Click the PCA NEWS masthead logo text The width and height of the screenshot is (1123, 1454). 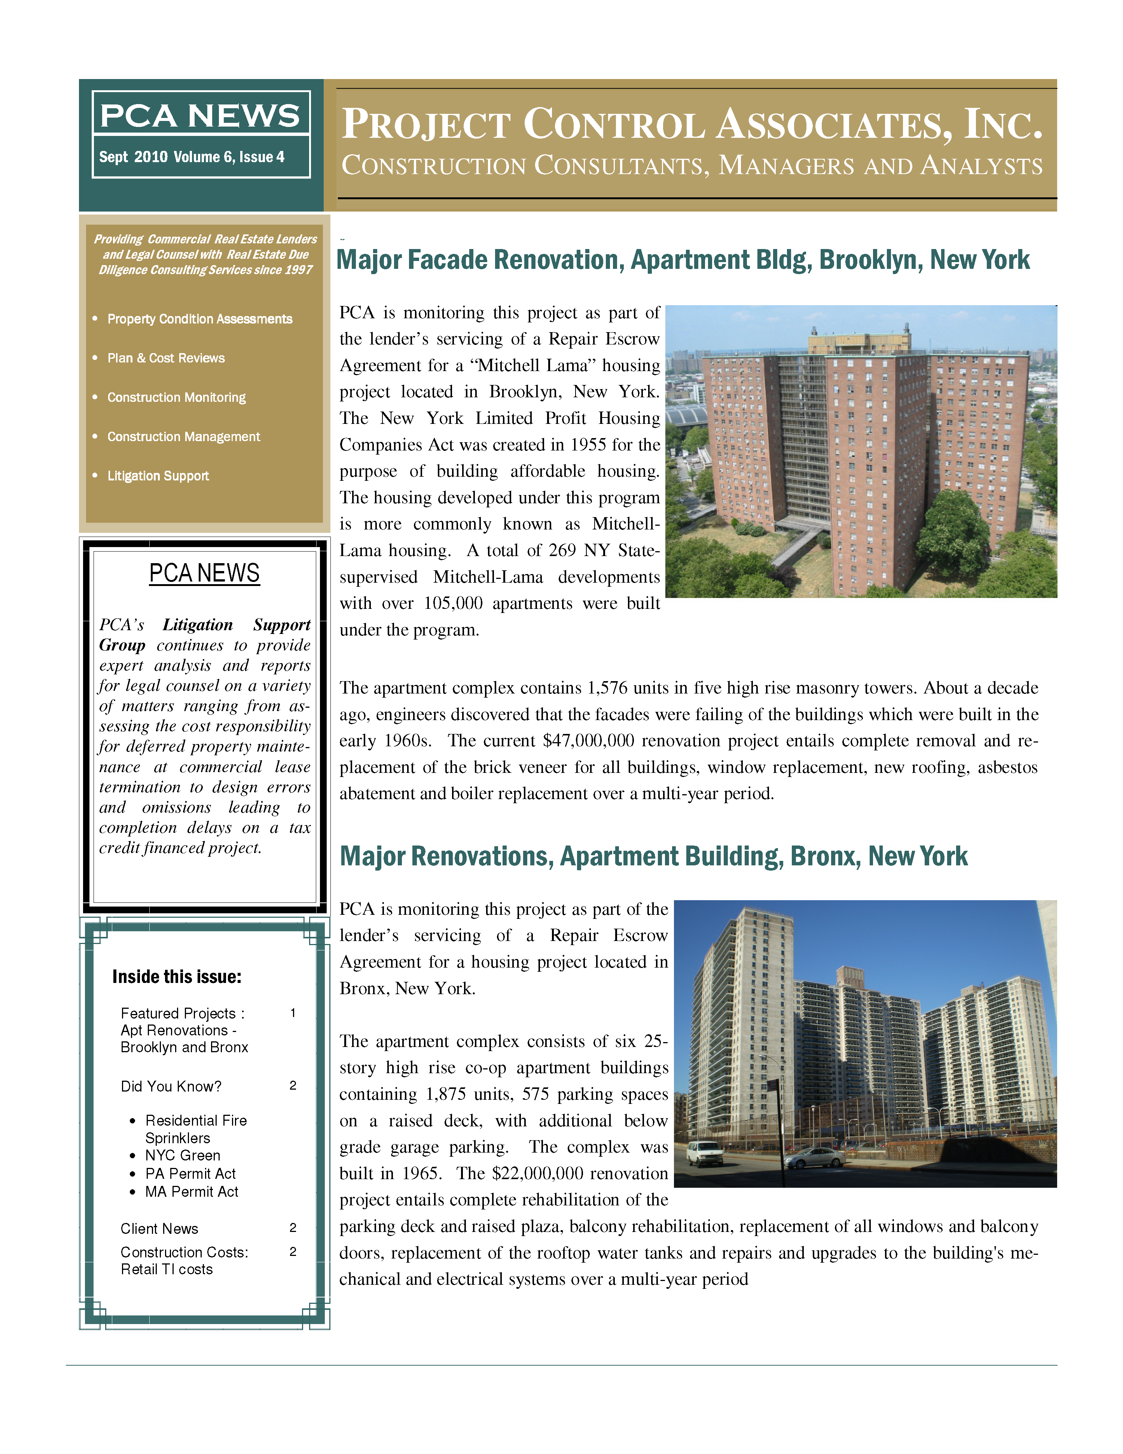200,116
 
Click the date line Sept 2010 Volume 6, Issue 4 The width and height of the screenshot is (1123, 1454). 192,157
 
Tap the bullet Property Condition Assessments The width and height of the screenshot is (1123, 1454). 199,319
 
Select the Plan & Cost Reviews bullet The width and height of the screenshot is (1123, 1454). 166,358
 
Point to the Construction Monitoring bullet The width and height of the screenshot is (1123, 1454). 176,397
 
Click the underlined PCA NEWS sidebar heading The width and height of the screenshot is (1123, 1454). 204,573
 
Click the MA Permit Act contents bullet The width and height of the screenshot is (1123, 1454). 192,1192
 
